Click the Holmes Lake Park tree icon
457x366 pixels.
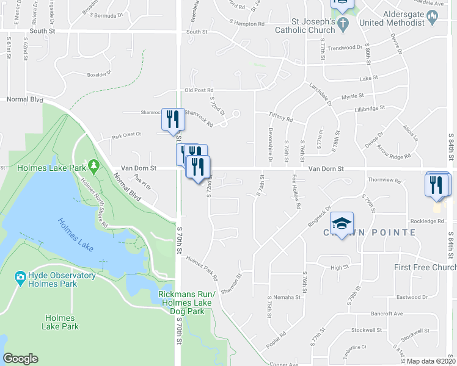tap(93, 165)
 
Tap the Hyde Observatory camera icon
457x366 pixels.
tap(20, 278)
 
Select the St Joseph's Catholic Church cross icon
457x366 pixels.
tap(343, 25)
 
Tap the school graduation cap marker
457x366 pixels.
tap(342, 223)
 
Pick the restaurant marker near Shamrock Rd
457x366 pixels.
tap(172, 118)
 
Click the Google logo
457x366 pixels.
tap(20, 359)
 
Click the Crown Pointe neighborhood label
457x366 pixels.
tap(373, 232)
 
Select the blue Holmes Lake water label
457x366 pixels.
tap(76, 235)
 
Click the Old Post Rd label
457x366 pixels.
tap(199, 90)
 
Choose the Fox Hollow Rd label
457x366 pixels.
tap(296, 192)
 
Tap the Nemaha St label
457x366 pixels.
tap(287, 297)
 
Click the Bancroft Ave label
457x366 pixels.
tap(387, 314)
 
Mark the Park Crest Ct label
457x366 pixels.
tap(126, 134)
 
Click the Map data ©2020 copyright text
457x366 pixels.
tap(431, 361)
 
